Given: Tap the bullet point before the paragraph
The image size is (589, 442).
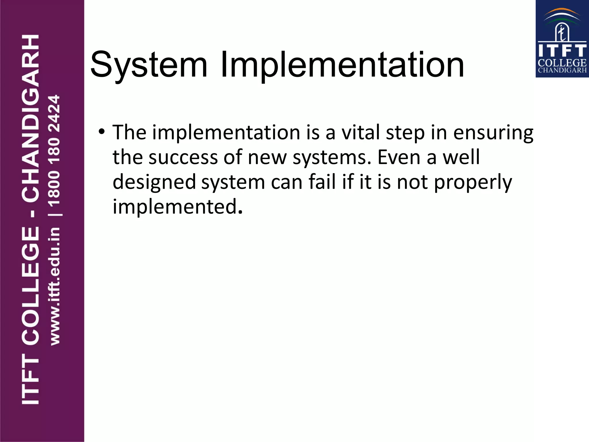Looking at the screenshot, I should [x=101, y=132].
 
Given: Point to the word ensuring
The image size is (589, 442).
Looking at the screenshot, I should [x=493, y=133].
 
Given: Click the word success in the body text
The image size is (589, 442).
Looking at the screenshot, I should [x=183, y=157].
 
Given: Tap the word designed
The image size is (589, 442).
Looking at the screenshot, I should [x=154, y=183].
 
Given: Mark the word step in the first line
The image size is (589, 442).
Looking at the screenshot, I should [x=405, y=133].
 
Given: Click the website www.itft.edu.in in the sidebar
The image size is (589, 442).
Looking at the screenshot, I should [x=55, y=286].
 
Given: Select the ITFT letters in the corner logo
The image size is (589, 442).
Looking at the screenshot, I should [x=562, y=51].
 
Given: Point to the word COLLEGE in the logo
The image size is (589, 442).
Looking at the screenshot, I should [x=562, y=63].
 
